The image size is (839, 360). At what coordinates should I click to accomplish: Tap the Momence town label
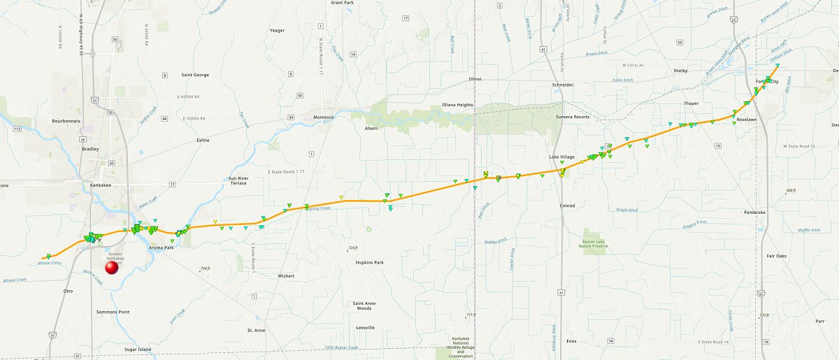coord(324,117)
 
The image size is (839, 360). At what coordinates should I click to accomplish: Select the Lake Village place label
coord(561,157)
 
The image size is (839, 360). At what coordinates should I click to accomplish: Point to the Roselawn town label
coord(747,120)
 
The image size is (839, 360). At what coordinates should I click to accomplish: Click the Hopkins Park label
coord(368,262)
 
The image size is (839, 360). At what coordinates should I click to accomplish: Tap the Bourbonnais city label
coord(68,120)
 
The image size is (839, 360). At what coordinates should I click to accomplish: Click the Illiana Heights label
coord(457,104)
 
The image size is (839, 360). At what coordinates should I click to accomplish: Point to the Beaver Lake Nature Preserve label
coord(596,243)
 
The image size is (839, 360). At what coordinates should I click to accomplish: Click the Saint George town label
coord(195,75)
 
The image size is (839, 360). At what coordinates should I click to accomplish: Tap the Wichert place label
coord(286,276)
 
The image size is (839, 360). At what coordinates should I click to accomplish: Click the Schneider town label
coord(563,85)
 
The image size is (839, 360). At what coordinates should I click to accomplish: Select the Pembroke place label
coord(755,212)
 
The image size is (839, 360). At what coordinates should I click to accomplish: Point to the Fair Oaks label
coord(776,256)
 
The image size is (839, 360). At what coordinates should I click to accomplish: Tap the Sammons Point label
coord(113,312)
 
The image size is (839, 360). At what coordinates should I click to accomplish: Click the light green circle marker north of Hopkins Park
coord(368,229)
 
